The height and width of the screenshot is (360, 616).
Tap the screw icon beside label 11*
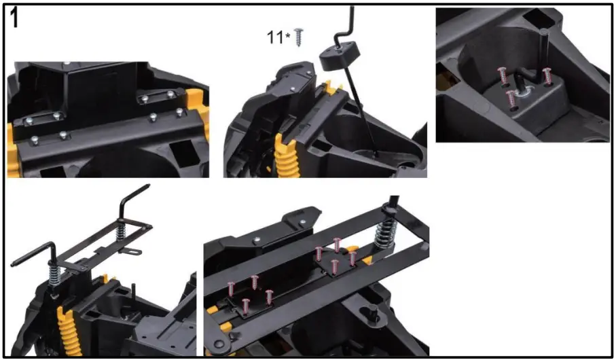click(297, 37)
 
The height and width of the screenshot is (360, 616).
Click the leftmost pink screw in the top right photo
click(503, 77)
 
